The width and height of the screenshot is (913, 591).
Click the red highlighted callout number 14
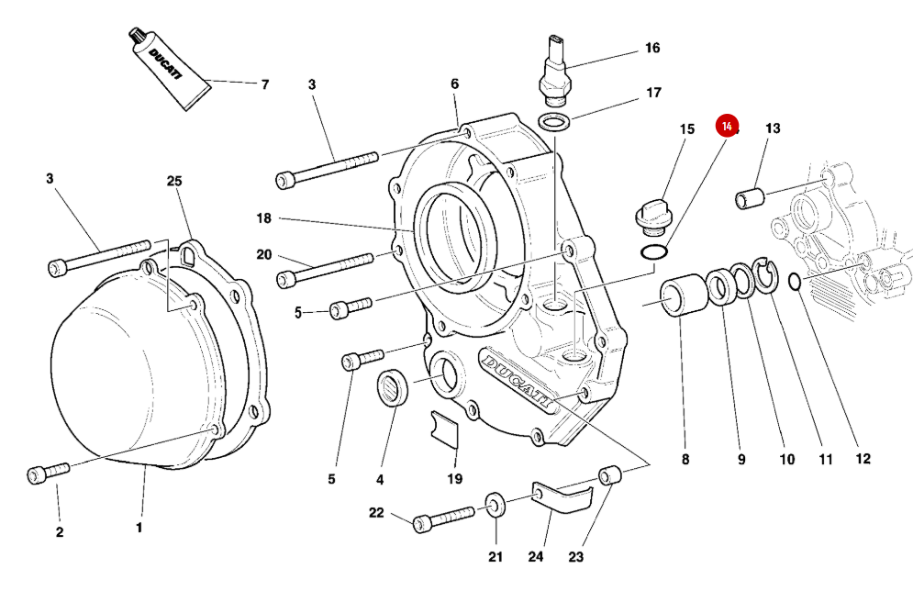[727, 126]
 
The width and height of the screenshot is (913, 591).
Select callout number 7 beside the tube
[264, 84]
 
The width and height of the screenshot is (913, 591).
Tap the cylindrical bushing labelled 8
[681, 299]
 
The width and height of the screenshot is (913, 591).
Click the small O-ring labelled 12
[795, 282]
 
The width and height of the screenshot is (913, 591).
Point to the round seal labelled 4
[395, 385]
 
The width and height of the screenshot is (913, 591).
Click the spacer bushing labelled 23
[610, 475]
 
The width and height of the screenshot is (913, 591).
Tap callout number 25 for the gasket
[174, 181]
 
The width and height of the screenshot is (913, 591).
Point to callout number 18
[264, 218]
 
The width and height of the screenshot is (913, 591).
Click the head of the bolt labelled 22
[421, 524]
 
